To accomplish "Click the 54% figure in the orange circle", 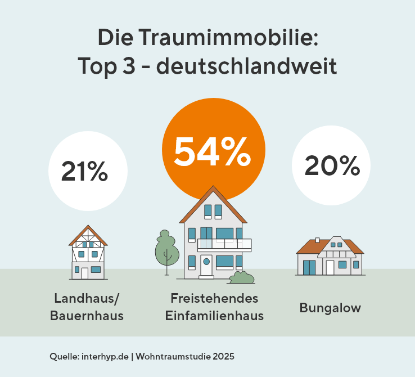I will click(212, 151).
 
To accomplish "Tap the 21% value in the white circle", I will click(84, 170).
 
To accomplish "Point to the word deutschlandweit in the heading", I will click(246, 66).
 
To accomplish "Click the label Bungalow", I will click(330, 308).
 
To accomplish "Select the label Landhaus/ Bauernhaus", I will click(87, 307).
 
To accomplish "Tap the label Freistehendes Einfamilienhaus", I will click(214, 307).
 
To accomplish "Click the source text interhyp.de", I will click(105, 357).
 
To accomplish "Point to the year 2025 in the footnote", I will click(223, 357).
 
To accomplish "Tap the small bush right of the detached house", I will click(242, 277).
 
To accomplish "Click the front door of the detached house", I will click(206, 266).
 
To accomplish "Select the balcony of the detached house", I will click(224, 244).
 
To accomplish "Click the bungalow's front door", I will click(330, 267).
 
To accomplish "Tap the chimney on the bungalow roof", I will click(317, 240).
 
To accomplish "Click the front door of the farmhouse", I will click(85, 273).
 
